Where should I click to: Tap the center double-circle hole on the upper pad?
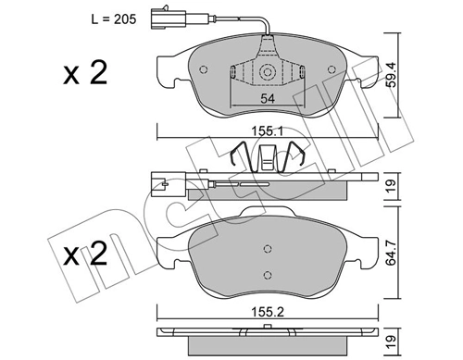[267, 72]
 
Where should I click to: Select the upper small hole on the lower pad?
[267, 249]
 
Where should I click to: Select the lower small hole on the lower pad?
[267, 273]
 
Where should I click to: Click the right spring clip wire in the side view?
[297, 158]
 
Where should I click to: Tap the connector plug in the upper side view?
[158, 186]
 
